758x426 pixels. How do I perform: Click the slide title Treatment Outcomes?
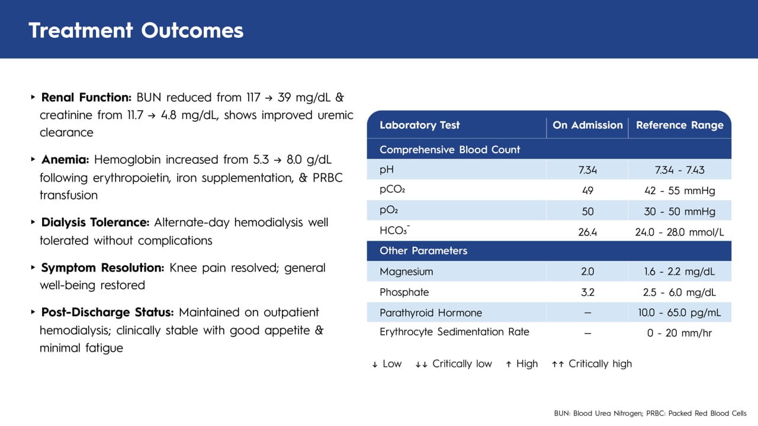(x=136, y=30)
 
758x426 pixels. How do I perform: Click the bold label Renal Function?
(x=86, y=97)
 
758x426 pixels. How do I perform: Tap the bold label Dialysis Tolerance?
(x=95, y=222)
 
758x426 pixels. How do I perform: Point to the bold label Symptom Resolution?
(x=102, y=267)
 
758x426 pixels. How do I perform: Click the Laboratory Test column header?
(x=419, y=125)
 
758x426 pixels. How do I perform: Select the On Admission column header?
(x=587, y=125)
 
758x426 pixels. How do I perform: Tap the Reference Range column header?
(x=679, y=125)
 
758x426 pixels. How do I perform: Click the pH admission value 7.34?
(x=587, y=170)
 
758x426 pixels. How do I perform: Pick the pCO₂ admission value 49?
(x=587, y=191)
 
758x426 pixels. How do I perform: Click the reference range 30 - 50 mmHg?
(x=679, y=212)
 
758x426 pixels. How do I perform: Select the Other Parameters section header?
(x=423, y=251)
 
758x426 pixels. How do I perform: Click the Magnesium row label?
(x=406, y=272)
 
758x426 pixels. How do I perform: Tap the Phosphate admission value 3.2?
(x=587, y=292)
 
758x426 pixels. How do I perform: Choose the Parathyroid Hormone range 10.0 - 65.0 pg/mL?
(x=679, y=313)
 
